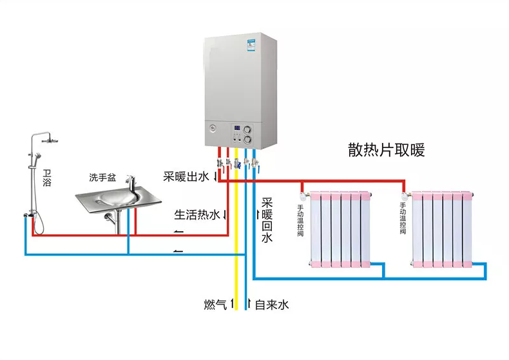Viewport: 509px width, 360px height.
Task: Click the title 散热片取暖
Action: [387, 150]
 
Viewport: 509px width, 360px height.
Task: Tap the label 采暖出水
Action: [186, 176]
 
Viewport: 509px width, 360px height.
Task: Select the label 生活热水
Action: [197, 214]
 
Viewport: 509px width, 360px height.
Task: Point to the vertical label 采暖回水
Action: [267, 220]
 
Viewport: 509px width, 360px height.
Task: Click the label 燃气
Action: [215, 305]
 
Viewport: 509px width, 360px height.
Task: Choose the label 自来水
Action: [272, 305]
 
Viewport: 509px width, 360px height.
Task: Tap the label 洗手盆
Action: [102, 177]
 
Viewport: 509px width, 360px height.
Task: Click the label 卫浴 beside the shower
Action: [47, 178]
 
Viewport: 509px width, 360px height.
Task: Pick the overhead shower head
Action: [50, 140]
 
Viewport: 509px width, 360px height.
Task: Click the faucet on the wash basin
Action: [131, 184]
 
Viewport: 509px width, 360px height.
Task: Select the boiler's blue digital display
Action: [237, 128]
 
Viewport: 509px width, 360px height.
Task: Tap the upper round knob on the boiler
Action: [247, 129]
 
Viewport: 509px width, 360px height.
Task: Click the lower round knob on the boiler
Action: [247, 140]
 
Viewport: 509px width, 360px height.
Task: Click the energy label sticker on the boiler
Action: [251, 45]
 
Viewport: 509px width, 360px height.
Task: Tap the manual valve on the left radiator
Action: [304, 196]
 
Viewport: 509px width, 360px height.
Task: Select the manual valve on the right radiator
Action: [405, 196]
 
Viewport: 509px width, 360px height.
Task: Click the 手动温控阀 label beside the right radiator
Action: [403, 218]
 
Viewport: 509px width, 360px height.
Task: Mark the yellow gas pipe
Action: [236, 229]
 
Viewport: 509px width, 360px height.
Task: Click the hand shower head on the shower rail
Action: [37, 156]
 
